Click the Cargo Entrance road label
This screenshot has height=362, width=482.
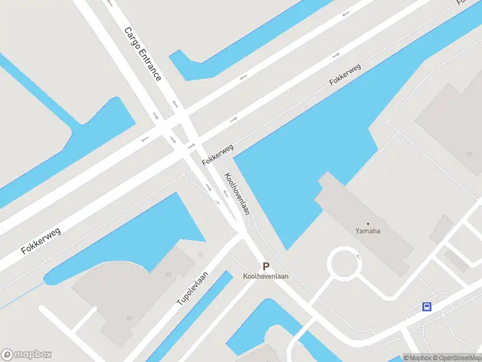143,54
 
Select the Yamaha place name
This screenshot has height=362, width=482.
368,230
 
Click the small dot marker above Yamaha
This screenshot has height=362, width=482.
368,223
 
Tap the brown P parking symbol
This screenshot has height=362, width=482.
266,266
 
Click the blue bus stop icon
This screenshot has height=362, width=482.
427,306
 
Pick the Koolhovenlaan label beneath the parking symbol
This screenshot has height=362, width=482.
266,276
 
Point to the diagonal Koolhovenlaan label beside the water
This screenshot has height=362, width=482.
237,194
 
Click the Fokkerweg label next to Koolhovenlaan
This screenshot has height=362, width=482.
218,156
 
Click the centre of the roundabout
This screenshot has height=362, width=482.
344,264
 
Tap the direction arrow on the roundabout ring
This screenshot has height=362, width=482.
359,257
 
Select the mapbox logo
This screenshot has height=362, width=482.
27,355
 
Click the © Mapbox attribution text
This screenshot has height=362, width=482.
417,358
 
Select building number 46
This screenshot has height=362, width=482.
128,318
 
